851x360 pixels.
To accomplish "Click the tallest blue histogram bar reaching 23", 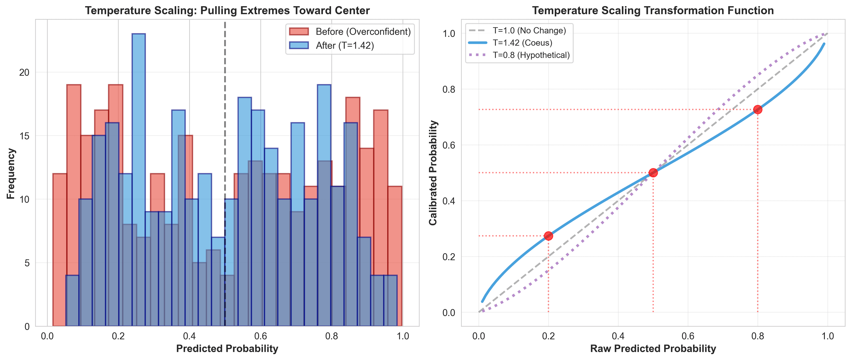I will [x=139, y=178].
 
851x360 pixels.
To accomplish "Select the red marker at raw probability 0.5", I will [x=653, y=172].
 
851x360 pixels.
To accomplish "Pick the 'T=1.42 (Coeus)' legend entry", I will [x=522, y=43].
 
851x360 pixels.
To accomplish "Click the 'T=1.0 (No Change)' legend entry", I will [x=529, y=30].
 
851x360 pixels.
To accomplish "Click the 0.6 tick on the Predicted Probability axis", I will [x=260, y=336].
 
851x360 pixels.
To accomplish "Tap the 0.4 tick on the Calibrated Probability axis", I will [x=448, y=201].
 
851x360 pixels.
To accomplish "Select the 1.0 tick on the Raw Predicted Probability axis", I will [x=827, y=336].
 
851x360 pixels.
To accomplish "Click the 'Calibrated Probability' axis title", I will [x=433, y=173].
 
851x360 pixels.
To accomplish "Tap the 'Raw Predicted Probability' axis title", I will [x=653, y=349].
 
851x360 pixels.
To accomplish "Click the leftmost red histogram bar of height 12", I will [x=59, y=250].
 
